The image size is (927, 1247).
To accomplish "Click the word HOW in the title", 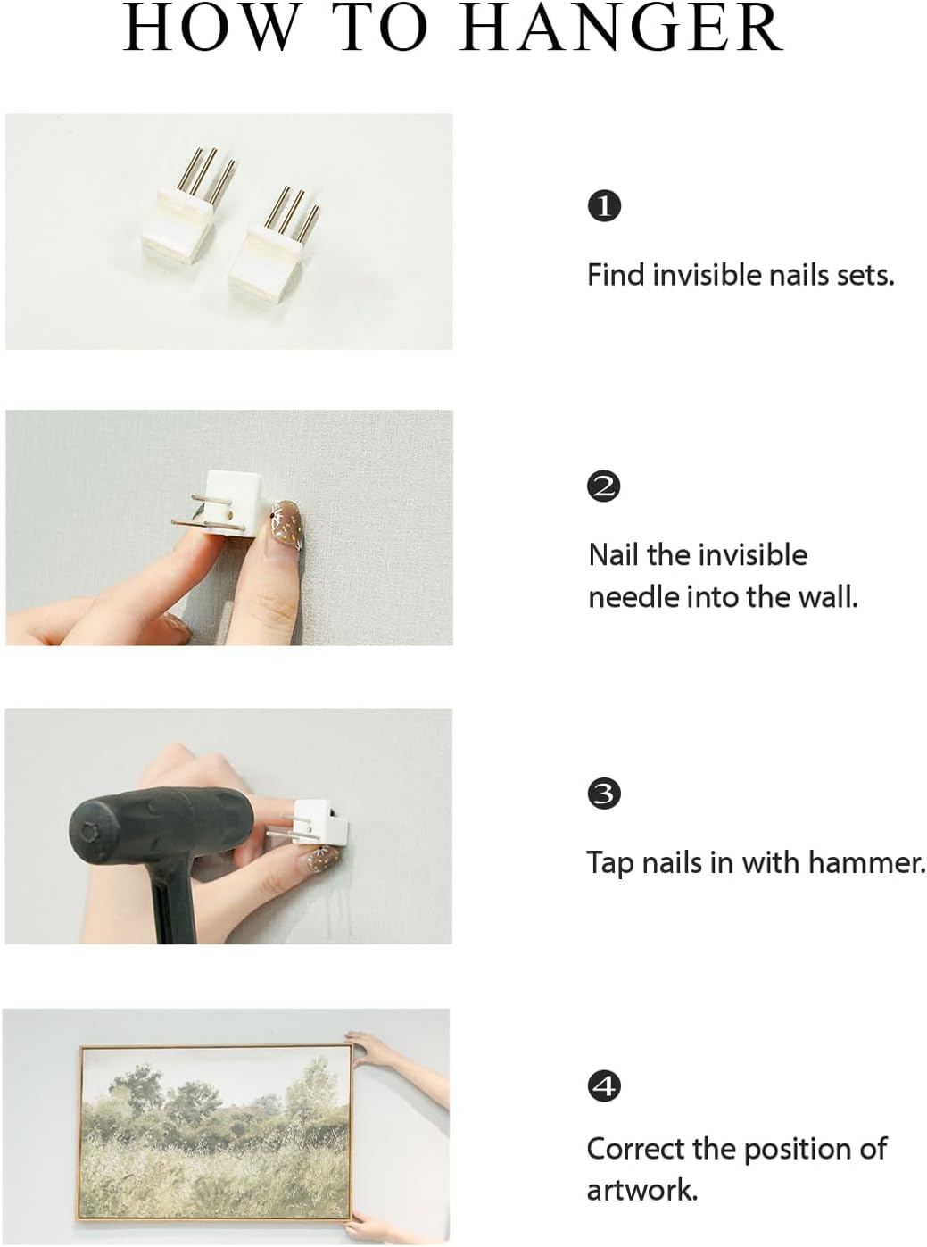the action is coord(211,28).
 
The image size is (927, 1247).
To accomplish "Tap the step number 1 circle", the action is coord(604,206).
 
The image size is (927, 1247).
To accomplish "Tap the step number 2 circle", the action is coord(604,486).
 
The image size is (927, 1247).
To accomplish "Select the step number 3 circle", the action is coord(604,794).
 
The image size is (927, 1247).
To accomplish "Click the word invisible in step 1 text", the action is coord(707,275).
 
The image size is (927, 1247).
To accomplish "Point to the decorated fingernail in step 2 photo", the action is coord(286,524).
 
